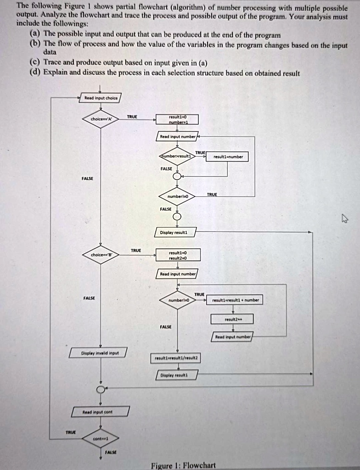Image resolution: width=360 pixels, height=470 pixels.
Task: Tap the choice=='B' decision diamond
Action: click(101, 255)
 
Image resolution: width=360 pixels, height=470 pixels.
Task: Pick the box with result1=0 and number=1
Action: click(177, 119)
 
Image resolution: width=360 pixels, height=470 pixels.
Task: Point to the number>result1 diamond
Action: click(177, 157)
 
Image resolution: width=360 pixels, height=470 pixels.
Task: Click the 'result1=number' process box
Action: click(228, 157)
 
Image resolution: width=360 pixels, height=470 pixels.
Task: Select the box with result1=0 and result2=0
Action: click(177, 255)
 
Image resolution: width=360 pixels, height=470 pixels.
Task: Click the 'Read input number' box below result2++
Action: click(233, 336)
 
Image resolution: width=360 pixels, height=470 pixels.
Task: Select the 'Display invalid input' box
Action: click(98, 353)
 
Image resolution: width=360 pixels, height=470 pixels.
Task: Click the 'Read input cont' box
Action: click(101, 411)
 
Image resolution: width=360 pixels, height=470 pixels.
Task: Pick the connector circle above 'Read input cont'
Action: click(101, 389)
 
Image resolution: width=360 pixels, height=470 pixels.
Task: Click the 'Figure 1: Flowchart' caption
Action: click(183, 465)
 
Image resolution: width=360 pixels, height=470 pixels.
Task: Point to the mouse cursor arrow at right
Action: click(345, 218)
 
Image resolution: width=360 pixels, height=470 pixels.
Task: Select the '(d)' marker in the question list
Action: click(34, 73)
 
